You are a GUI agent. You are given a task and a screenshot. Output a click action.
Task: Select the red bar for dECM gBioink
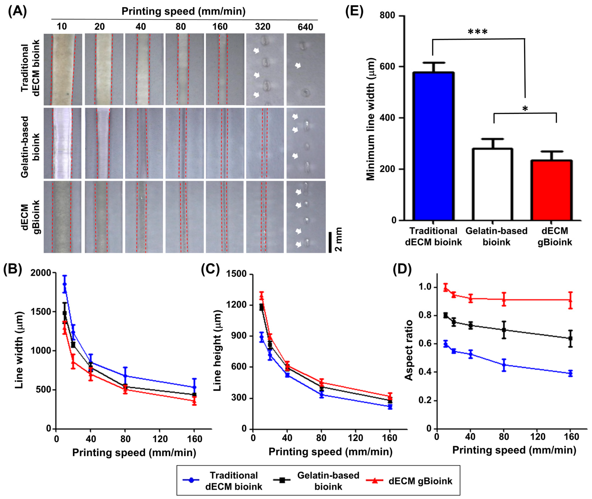(552, 190)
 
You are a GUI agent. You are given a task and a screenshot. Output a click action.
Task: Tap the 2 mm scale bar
(330, 242)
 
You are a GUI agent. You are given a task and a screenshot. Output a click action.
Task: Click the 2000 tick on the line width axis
(41, 273)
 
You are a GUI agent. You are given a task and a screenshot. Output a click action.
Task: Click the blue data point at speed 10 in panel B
(65, 284)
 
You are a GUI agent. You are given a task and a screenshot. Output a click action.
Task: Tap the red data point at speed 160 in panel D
(570, 300)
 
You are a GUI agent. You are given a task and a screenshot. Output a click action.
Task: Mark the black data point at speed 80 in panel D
(504, 330)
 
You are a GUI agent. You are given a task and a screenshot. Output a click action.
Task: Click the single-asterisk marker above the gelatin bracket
(525, 108)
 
